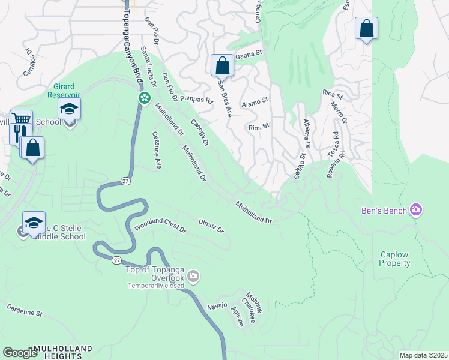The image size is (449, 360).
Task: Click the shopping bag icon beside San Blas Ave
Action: click(222, 65)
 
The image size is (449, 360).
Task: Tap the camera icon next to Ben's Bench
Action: click(415, 210)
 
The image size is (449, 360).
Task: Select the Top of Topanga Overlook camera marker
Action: click(193, 276)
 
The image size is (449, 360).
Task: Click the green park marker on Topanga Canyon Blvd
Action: click(144, 98)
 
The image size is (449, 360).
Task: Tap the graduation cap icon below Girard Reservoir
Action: click(69, 109)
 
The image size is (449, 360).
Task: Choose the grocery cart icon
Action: click(21, 119)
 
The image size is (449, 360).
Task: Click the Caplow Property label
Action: click(395, 259)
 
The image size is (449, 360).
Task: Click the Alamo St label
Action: click(254, 104)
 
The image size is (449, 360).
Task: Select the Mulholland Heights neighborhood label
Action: click(63, 352)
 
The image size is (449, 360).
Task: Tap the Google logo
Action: click(20, 353)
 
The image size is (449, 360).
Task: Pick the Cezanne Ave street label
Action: click(157, 149)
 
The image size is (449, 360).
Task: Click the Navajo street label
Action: click(217, 305)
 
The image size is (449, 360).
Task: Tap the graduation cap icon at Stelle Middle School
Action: click(34, 223)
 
